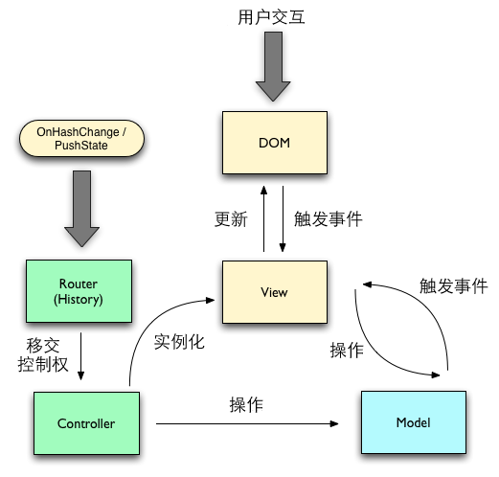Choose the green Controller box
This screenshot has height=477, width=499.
click(86, 423)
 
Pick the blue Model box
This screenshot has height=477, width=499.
click(412, 422)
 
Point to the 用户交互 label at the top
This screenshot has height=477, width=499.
click(271, 17)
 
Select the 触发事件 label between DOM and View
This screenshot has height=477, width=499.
click(329, 219)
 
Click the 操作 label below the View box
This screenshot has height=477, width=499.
click(346, 351)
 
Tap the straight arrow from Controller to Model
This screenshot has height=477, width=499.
click(249, 423)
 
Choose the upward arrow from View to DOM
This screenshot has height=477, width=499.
click(263, 218)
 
